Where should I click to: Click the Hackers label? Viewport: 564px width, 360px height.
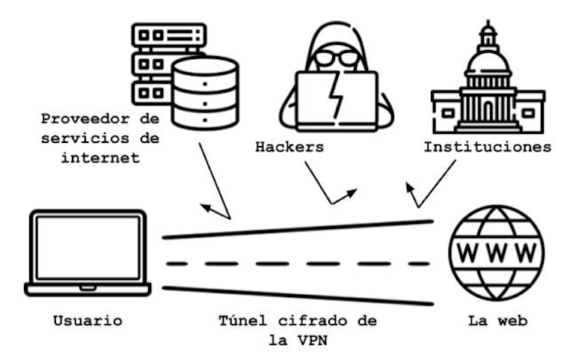289,147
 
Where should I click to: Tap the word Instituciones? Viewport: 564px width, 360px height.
487,147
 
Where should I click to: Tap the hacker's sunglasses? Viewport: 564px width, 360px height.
336,58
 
